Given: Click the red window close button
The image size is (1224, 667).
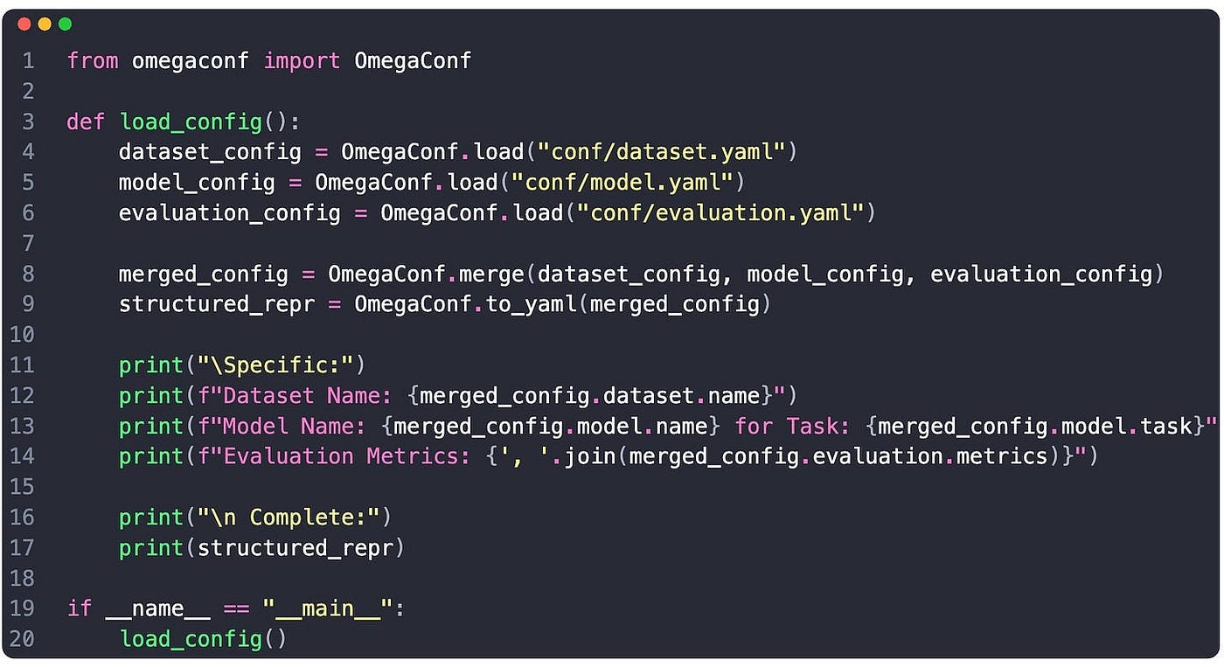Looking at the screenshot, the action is click(24, 24).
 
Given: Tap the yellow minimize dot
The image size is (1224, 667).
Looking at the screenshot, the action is click(45, 24).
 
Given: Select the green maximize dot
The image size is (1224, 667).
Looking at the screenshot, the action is click(65, 24).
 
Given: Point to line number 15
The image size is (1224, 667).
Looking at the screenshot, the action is click(22, 486).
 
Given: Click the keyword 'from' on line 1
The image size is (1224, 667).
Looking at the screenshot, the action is click(92, 60).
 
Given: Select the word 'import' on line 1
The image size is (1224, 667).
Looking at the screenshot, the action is click(302, 60).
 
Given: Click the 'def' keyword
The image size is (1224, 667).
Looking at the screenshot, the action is click(86, 122).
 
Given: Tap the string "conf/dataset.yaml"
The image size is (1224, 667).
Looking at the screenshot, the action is click(662, 152).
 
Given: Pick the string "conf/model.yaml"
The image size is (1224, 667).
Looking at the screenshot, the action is click(622, 183).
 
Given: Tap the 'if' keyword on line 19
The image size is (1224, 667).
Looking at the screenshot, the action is click(80, 608).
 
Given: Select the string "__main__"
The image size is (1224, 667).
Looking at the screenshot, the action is click(328, 608).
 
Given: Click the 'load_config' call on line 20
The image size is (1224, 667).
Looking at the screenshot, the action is click(191, 639).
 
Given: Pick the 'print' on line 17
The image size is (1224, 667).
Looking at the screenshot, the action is click(151, 548).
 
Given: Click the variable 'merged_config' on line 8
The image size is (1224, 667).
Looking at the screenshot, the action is click(203, 274).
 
